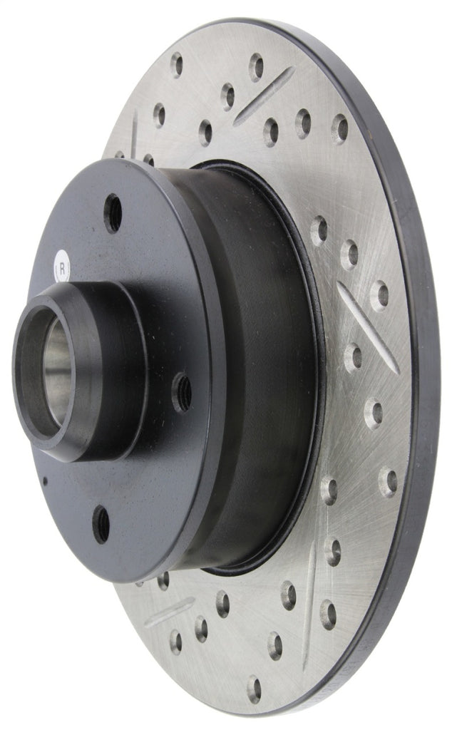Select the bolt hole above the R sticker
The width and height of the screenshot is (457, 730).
(x=113, y=212)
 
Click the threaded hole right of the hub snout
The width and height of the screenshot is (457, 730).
(x=183, y=391)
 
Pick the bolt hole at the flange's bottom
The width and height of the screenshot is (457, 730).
(x=102, y=525)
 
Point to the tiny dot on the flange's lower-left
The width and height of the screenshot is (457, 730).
(x=45, y=480)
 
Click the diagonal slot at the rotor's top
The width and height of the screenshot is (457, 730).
(x=263, y=96)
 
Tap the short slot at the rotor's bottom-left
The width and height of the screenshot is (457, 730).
(x=169, y=612)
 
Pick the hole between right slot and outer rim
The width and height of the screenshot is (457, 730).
(x=380, y=295)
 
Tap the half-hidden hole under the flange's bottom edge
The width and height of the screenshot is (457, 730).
(x=163, y=580)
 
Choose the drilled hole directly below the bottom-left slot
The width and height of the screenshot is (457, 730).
(x=176, y=641)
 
